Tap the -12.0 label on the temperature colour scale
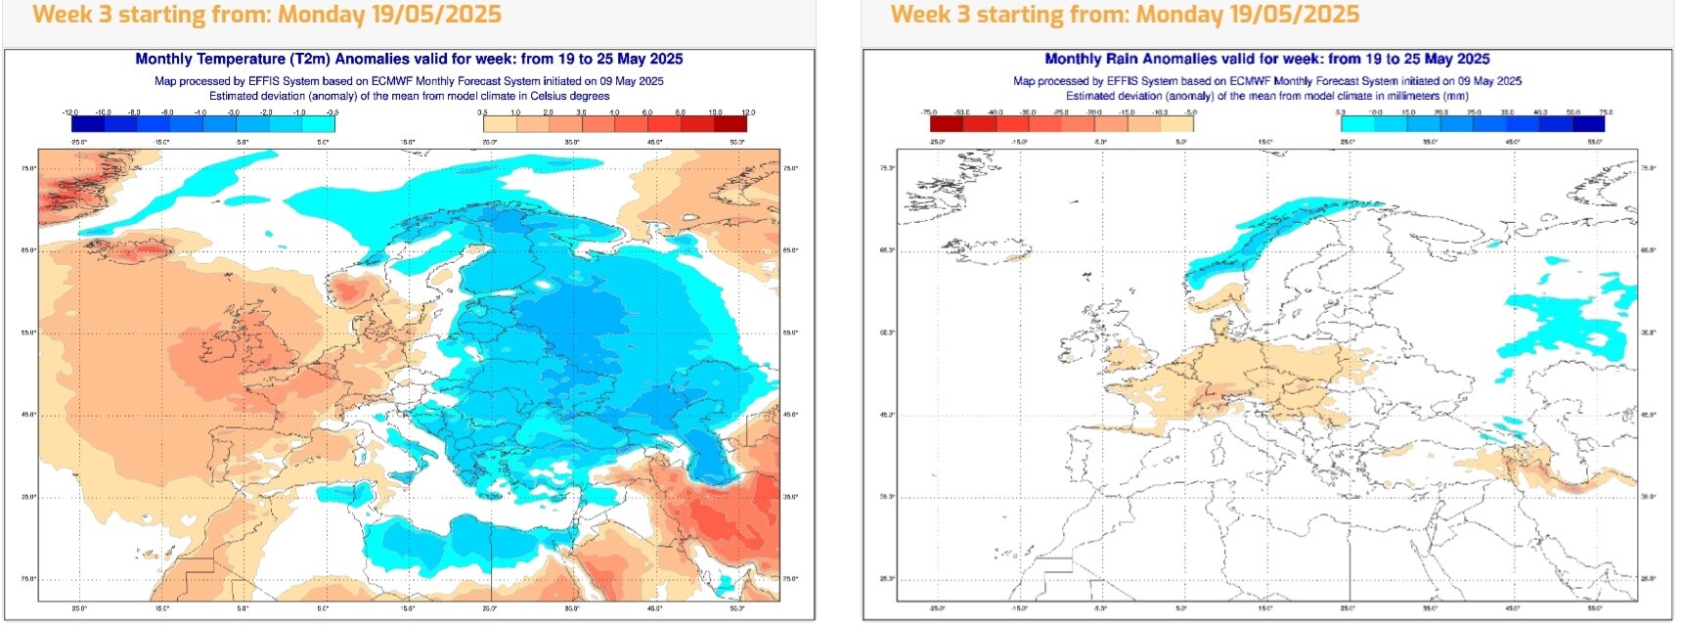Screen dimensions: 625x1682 click(70, 113)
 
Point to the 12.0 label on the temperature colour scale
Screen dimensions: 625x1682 click(748, 113)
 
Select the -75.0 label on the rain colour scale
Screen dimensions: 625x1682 click(929, 113)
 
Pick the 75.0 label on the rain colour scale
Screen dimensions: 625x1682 click(1606, 113)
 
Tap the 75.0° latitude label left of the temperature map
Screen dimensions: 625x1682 click(27, 169)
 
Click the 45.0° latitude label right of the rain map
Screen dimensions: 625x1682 click(1648, 416)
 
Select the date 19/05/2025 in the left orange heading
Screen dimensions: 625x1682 click(435, 15)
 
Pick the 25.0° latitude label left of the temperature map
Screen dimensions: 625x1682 click(27, 579)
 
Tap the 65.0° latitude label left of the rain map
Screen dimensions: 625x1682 click(887, 250)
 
